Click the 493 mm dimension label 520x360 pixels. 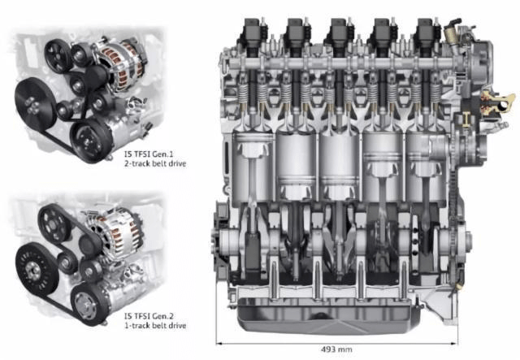pyautogui.click(x=336, y=349)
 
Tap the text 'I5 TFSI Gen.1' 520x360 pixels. pyautogui.click(x=149, y=154)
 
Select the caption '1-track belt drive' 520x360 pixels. pyautogui.click(x=155, y=326)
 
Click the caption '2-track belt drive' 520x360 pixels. pyautogui.click(x=155, y=163)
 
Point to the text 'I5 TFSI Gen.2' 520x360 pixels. pyautogui.click(x=149, y=316)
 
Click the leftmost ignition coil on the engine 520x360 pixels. pyautogui.click(x=253, y=32)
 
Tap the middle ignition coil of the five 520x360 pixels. pyautogui.click(x=340, y=32)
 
